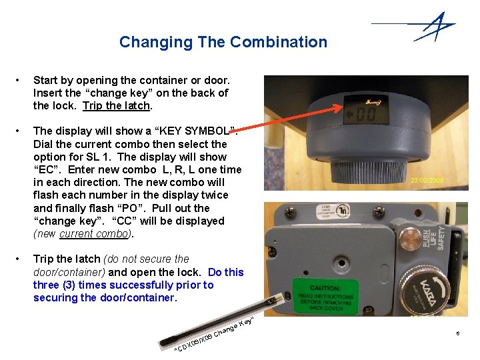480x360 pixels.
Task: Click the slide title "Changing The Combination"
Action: pos(223,42)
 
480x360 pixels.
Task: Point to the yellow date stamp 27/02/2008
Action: pos(427,181)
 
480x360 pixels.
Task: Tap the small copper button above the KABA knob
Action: pos(410,237)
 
